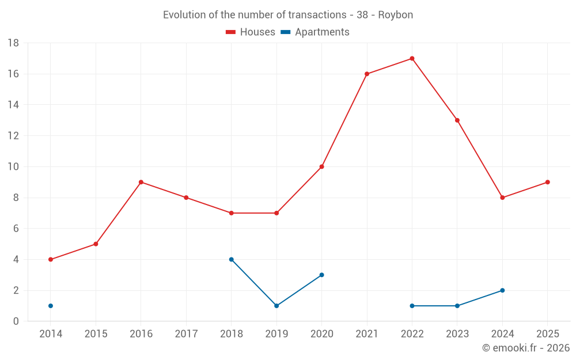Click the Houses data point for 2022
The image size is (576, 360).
pyautogui.click(x=412, y=58)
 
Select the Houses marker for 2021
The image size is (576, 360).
pyautogui.click(x=367, y=74)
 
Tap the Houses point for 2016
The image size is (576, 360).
pyautogui.click(x=141, y=182)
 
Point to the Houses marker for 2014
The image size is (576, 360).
pyautogui.click(x=51, y=259)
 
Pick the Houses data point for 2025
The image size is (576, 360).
pyautogui.click(x=548, y=182)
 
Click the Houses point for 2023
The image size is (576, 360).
pyautogui.click(x=457, y=120)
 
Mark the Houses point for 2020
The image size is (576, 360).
pyautogui.click(x=322, y=166)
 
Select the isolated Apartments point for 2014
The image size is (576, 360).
pyautogui.click(x=51, y=306)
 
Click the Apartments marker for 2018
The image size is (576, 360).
pyautogui.click(x=232, y=259)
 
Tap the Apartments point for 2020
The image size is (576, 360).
pyautogui.click(x=322, y=275)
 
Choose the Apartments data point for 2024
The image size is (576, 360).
pyautogui.click(x=502, y=290)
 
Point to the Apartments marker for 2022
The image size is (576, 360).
pyautogui.click(x=412, y=306)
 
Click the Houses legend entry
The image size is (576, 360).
pyautogui.click(x=251, y=32)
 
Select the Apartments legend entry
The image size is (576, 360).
pyautogui.click(x=315, y=32)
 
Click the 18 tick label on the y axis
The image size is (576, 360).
pyautogui.click(x=13, y=43)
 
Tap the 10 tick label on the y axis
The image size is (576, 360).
pyautogui.click(x=13, y=167)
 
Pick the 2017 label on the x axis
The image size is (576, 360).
pyautogui.click(x=186, y=334)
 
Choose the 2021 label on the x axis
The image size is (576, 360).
pyautogui.click(x=367, y=334)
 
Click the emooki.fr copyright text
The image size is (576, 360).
pyautogui.click(x=525, y=348)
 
